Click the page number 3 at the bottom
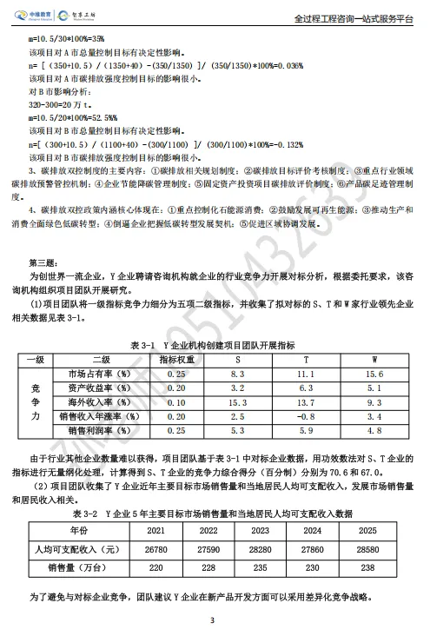(x=215, y=620)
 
